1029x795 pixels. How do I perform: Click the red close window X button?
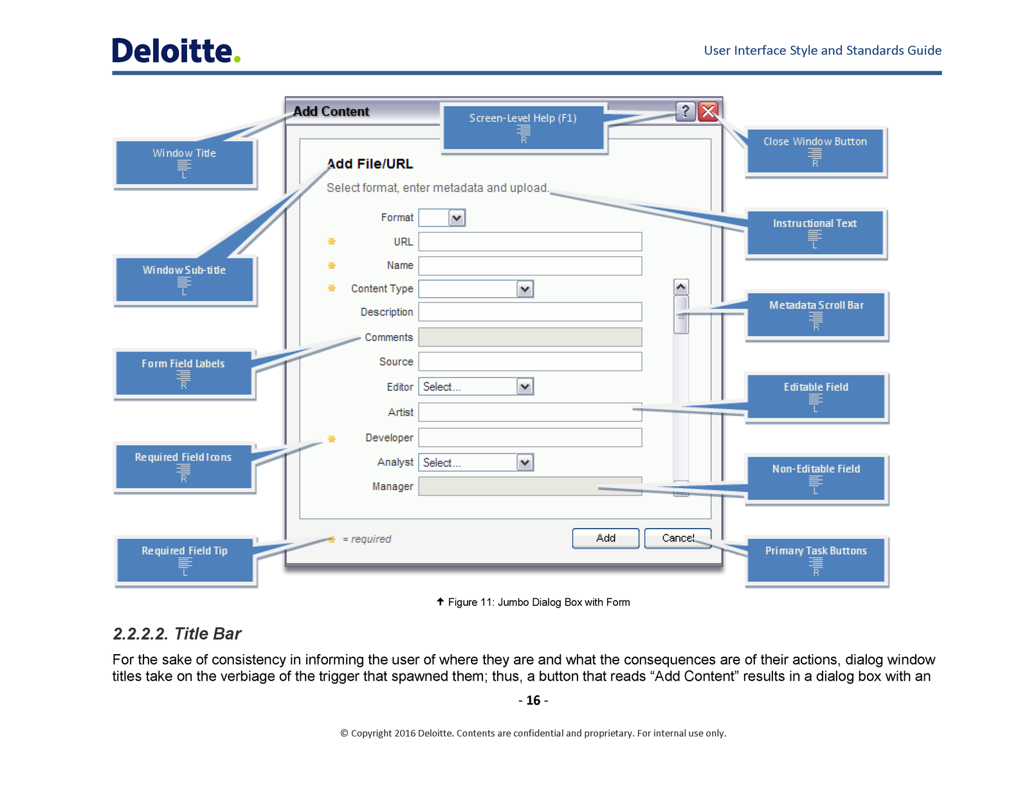coord(707,112)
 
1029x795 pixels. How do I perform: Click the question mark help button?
coord(685,112)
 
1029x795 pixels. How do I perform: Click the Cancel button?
coord(677,538)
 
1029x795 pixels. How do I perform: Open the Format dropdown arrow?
coord(457,218)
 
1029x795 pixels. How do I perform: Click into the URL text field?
coord(530,241)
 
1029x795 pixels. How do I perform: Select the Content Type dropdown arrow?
coord(525,289)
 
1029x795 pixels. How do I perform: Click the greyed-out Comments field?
coord(530,337)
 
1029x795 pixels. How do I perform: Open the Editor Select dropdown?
coord(476,387)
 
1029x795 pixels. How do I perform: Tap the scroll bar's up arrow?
coord(680,287)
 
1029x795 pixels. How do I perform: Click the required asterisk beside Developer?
coord(331,439)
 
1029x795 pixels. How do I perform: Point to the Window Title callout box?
coord(185,163)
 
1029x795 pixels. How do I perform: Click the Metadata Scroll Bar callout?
coord(815,315)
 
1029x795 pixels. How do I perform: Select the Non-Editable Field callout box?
coord(815,479)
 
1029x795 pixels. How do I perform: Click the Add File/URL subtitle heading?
coord(369,164)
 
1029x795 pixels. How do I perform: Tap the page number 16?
coord(533,700)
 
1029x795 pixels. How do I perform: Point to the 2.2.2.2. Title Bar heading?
coord(177,634)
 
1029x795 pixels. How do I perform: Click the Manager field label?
coord(392,486)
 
